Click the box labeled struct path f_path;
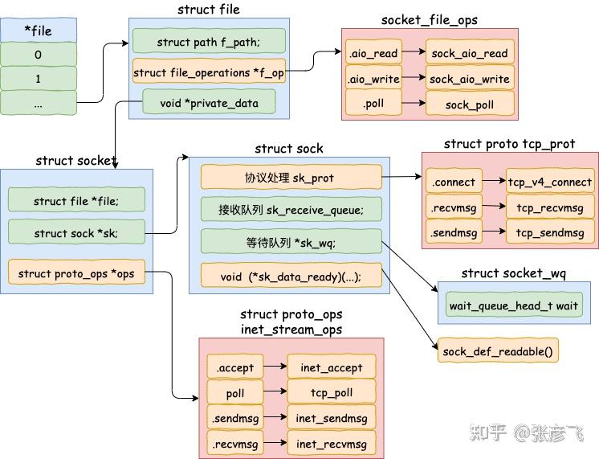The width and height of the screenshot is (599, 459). click(x=209, y=41)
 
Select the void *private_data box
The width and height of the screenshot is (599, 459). click(x=209, y=102)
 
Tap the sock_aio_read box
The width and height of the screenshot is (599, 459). click(x=470, y=52)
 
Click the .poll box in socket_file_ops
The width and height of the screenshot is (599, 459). click(x=373, y=103)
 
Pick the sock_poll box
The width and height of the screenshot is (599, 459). click(x=470, y=103)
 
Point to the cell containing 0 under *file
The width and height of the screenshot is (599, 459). click(x=39, y=55)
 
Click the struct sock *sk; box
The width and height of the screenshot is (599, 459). click(x=76, y=232)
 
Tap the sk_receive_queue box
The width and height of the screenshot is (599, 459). click(x=291, y=209)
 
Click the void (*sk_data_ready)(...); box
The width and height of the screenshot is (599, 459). click(x=291, y=276)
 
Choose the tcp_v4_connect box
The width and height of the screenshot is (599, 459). click(x=550, y=181)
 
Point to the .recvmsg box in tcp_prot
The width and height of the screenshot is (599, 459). click(x=454, y=207)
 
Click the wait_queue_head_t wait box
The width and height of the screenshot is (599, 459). click(x=514, y=305)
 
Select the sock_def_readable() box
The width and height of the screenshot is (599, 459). click(x=498, y=350)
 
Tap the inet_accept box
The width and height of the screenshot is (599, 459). click(x=331, y=367)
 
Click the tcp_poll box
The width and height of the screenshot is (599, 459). click(x=331, y=391)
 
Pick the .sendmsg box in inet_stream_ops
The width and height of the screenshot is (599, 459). click(x=235, y=418)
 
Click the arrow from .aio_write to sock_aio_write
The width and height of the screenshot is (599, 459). click(x=414, y=77)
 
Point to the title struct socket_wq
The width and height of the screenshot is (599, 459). click(x=513, y=273)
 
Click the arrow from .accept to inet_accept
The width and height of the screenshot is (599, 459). click(x=275, y=366)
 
